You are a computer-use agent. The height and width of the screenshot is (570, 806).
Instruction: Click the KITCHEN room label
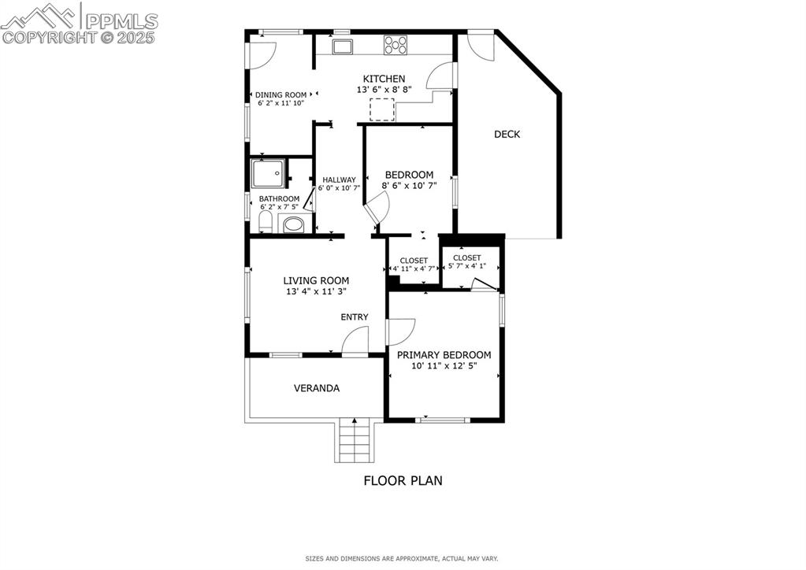coord(384,79)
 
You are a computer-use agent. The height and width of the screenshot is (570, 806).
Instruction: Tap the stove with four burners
coord(395,46)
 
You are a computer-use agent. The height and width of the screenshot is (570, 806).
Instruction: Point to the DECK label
coord(507,134)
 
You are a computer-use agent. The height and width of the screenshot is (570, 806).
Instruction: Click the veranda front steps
coord(353,441)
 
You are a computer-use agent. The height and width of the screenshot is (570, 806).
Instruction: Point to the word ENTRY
coord(355,317)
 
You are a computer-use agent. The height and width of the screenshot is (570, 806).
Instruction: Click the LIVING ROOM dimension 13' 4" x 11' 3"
coord(316,291)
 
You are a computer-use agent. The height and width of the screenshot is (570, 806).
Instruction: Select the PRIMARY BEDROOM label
coord(444,355)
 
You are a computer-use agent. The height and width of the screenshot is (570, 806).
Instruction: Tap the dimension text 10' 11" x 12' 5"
coord(444,366)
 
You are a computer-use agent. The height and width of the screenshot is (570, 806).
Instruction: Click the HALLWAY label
coord(339,180)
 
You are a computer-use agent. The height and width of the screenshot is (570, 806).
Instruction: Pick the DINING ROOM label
coord(280,94)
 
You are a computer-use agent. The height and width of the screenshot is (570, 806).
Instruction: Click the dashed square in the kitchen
coord(382,109)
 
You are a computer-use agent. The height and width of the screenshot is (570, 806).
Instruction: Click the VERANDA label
coord(317,388)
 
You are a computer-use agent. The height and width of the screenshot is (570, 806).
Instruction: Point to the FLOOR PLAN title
coord(403,480)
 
